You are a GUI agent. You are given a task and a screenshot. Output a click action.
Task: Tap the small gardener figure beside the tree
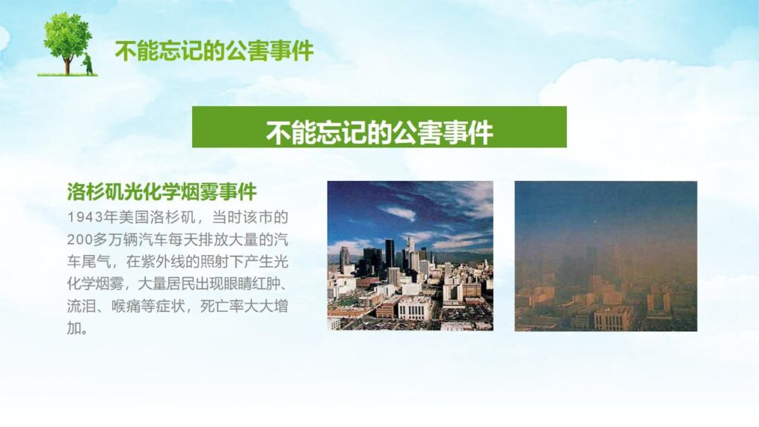pos(88,64)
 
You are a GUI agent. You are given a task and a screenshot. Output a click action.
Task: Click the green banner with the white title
pos(379,127)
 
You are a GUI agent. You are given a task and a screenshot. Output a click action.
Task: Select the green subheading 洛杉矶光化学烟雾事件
pos(162,192)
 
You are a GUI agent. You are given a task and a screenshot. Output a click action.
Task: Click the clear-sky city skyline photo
pos(410,256)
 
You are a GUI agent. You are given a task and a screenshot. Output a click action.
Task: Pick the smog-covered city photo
pos(606,256)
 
